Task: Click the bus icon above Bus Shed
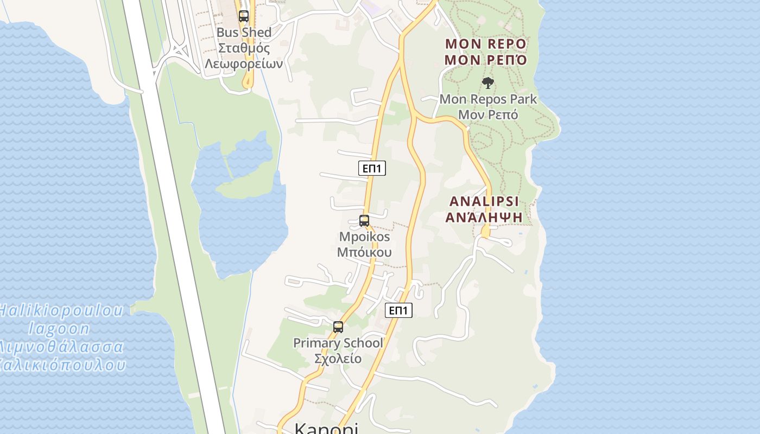click(244, 16)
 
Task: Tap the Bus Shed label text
click(244, 33)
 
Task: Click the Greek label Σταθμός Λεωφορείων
click(244, 56)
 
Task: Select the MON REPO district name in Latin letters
click(485, 43)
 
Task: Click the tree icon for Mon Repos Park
click(488, 83)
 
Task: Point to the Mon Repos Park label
click(488, 99)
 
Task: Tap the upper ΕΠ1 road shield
click(372, 168)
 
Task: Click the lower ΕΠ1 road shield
click(398, 310)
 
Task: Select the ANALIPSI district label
click(484, 201)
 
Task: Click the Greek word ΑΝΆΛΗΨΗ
click(484, 217)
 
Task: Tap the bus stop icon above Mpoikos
click(364, 221)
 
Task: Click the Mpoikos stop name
click(364, 237)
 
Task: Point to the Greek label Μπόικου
click(364, 252)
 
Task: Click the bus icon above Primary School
click(338, 327)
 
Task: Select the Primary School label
click(338, 343)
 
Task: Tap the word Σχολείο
click(338, 359)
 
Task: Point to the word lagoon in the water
click(59, 329)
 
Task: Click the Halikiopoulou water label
click(60, 311)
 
